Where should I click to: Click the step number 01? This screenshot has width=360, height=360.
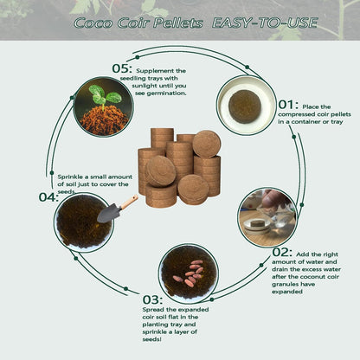point(288,106)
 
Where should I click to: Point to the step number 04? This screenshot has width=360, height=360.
point(48,196)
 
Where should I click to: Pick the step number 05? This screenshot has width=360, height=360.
point(122,68)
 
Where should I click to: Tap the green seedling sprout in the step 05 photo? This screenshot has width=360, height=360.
point(104,94)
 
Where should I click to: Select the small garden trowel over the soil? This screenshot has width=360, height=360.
point(118,209)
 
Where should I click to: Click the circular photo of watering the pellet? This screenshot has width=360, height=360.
point(267,216)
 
